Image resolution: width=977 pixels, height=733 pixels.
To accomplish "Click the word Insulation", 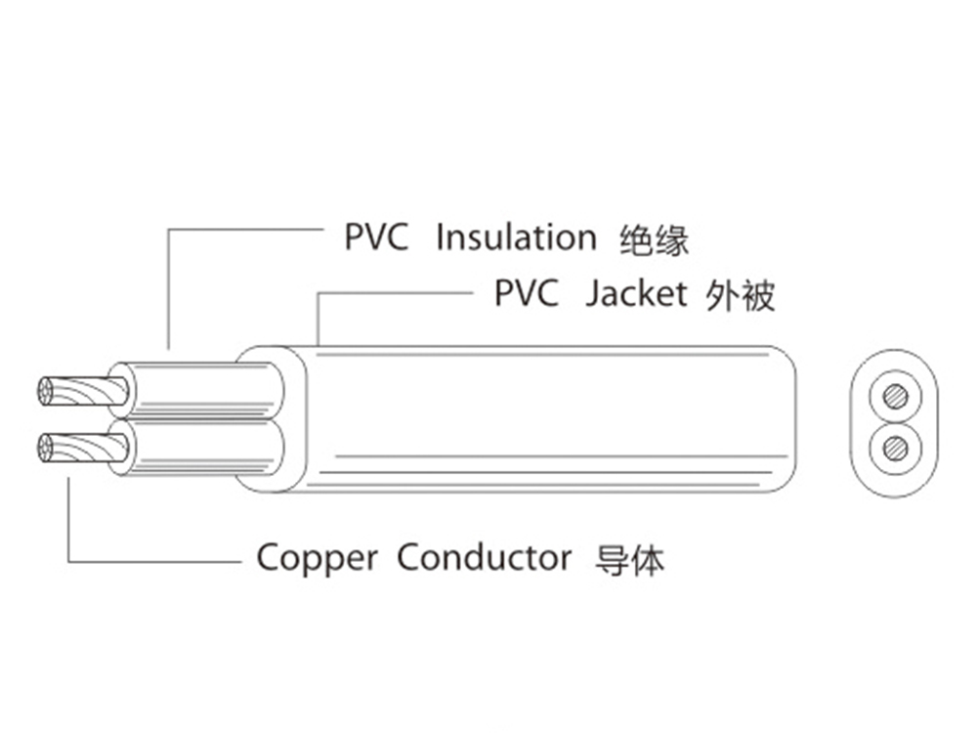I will pyautogui.click(x=515, y=237).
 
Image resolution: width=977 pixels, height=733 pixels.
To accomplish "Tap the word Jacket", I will pyautogui.click(x=636, y=294).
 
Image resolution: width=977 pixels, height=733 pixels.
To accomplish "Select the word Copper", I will pyautogui.click(x=317, y=558).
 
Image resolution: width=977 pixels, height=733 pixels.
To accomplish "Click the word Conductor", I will pyautogui.click(x=484, y=558).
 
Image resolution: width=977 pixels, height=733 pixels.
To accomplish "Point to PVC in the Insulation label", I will pyautogui.click(x=376, y=237).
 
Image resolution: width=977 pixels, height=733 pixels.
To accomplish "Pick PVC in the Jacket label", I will pyautogui.click(x=527, y=294).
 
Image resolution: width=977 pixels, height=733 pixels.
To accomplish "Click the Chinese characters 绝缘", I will pyautogui.click(x=655, y=239).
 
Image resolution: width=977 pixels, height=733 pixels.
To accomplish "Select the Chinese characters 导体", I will pyautogui.click(x=629, y=560).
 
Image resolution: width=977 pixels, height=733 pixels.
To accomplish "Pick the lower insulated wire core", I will pyautogui.click(x=200, y=448).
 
